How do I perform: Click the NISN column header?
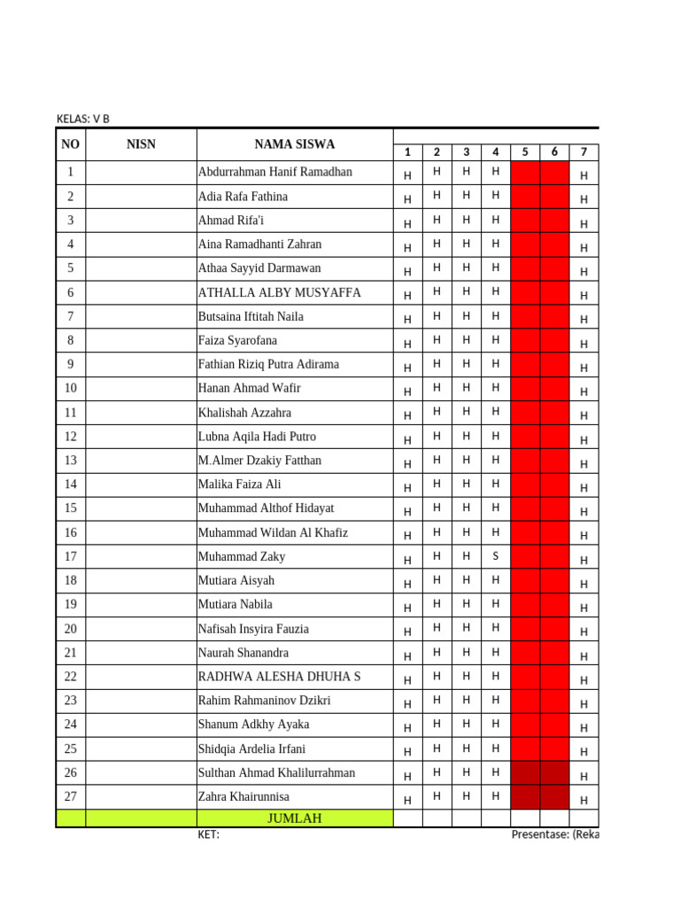click(141, 144)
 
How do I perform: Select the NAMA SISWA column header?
click(295, 144)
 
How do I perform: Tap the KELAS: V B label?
click(83, 119)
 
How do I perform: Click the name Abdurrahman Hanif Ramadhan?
click(275, 172)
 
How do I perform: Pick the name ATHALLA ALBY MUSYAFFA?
click(280, 292)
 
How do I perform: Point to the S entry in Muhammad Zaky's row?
click(496, 555)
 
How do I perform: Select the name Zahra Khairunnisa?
click(243, 796)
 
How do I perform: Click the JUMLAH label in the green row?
click(294, 818)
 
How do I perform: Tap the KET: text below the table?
click(208, 834)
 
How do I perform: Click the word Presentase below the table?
click(541, 834)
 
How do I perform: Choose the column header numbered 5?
click(525, 152)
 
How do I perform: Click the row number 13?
click(71, 461)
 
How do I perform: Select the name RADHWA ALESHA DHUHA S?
click(280, 677)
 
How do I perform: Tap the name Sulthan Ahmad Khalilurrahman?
click(277, 772)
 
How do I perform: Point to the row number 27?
click(71, 796)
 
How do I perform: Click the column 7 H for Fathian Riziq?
click(583, 368)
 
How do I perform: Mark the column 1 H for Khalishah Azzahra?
click(407, 416)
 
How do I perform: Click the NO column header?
click(71, 144)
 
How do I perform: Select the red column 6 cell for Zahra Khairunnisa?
click(555, 797)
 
